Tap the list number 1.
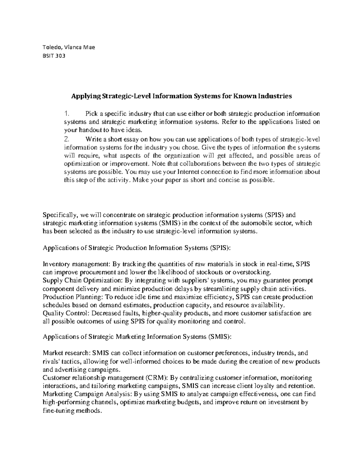pos(67,114)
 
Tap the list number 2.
pos(67,140)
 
